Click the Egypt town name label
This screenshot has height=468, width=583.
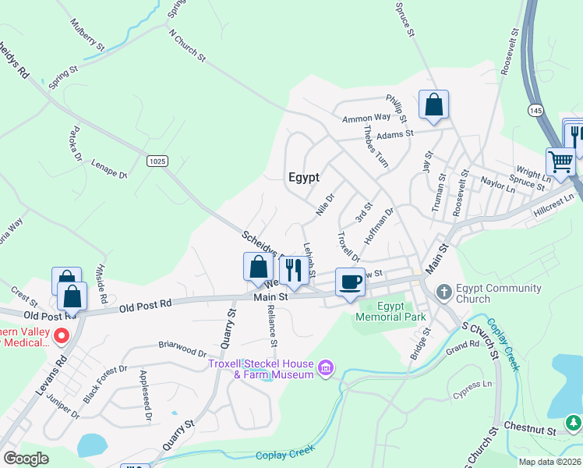click(304, 177)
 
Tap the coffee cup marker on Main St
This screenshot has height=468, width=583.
click(350, 282)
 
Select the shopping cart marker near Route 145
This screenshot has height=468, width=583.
click(560, 162)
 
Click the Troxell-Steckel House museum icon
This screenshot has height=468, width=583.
click(326, 367)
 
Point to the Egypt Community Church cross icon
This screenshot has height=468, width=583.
click(443, 293)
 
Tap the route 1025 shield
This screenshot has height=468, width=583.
click(157, 160)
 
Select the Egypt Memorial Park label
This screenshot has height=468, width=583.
click(390, 312)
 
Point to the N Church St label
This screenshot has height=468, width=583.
click(187, 45)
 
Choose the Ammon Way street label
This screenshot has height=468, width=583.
click(366, 118)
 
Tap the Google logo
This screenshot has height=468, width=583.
click(26, 459)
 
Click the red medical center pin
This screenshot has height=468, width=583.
click(61, 337)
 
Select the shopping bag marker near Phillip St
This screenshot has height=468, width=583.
click(433, 105)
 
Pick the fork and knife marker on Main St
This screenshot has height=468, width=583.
click(293, 270)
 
